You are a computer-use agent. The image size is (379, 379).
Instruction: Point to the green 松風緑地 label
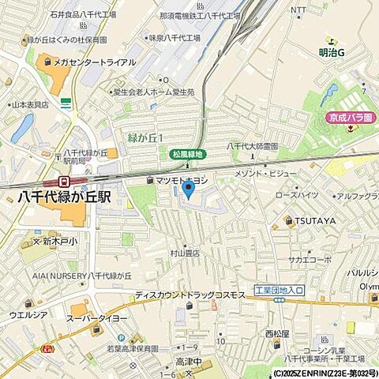coord(187,154)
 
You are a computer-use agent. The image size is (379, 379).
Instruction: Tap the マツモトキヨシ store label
coord(182,181)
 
